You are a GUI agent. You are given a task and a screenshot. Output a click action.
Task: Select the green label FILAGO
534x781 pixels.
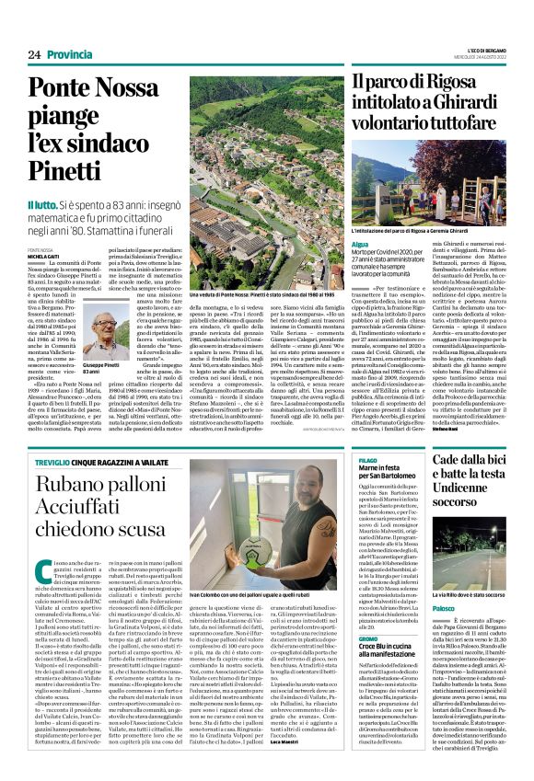point(367,432)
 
